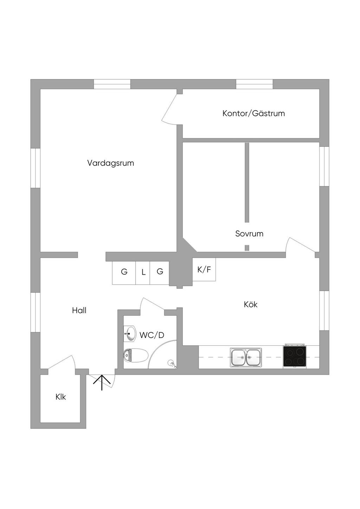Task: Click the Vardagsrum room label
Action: coord(110,163)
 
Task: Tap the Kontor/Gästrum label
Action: coord(253,113)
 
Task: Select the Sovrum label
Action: coord(249,234)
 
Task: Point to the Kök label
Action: coord(251,304)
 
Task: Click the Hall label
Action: coord(79,311)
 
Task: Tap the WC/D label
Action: coord(152,335)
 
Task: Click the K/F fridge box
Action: coord(204,269)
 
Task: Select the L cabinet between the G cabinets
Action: coord(143,273)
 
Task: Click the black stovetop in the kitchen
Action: coord(294,357)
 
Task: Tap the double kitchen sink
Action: coord(246,357)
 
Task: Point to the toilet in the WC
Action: coord(136,355)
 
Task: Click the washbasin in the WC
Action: coord(130,334)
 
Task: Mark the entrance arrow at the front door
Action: coord(102,383)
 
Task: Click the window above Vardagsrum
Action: coord(112,84)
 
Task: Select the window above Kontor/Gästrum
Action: coord(254,84)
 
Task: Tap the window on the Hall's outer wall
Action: coord(36,312)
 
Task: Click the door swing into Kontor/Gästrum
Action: coord(169,110)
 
